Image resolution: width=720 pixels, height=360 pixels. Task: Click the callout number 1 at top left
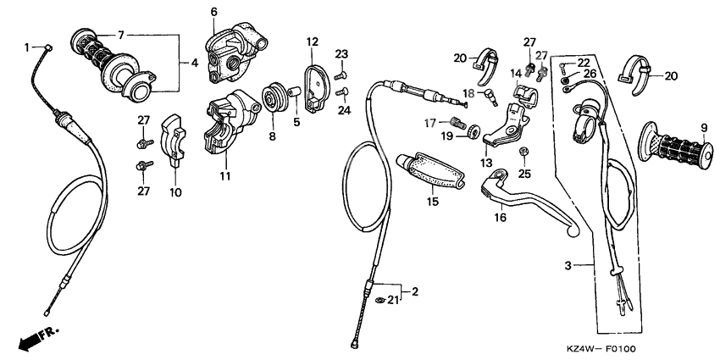click(26, 47)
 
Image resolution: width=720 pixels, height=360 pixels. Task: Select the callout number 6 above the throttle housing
click(213, 12)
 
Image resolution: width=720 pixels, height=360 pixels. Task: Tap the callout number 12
click(313, 42)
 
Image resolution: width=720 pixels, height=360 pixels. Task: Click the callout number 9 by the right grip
click(701, 129)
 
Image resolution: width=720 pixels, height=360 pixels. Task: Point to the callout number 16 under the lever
click(500, 217)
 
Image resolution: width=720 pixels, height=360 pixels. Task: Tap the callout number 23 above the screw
click(341, 53)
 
